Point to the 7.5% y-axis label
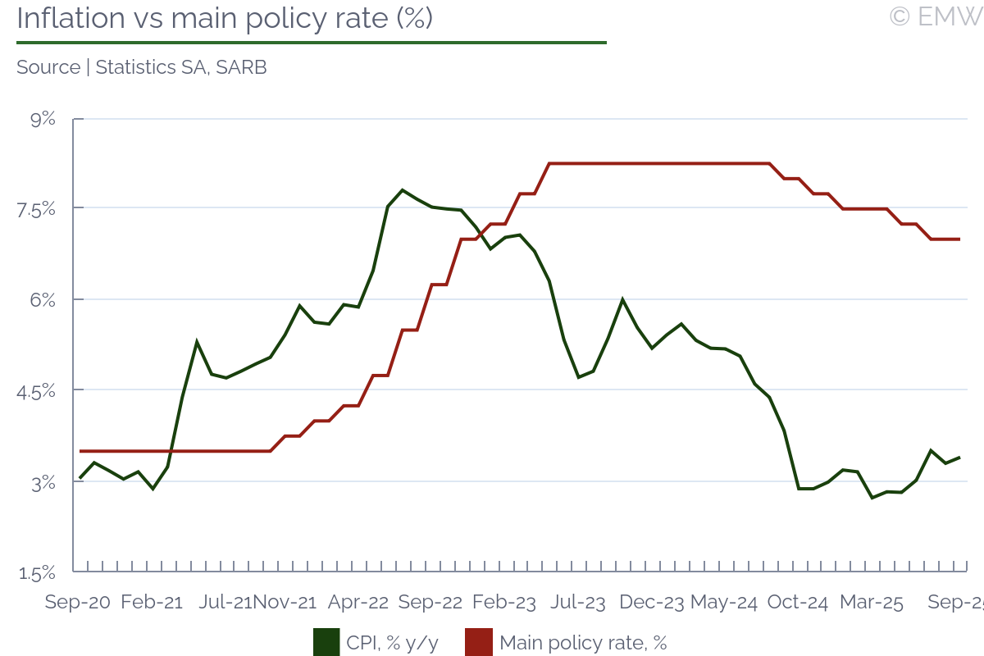tap(36, 210)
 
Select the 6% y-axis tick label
tap(42, 301)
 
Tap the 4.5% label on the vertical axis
tap(36, 391)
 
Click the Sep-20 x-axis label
tap(77, 603)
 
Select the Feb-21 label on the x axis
tap(152, 603)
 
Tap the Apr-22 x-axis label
tap(358, 603)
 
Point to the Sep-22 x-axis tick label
tap(430, 603)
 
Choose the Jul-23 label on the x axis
tap(578, 603)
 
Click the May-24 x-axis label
tap(723, 603)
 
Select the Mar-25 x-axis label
tap(872, 603)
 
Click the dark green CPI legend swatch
tap(326, 642)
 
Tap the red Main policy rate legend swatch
tap(478, 642)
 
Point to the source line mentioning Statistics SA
tap(142, 67)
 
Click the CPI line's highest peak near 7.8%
tap(402, 190)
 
